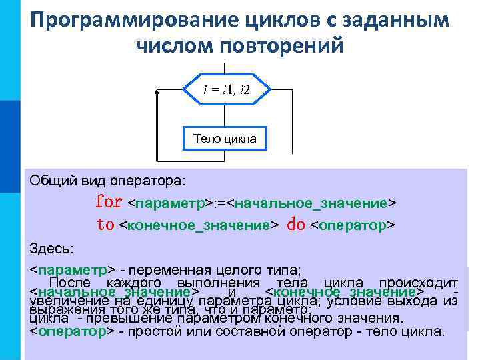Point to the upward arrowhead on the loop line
point(157,91)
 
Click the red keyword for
point(109,201)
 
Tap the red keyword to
point(105,225)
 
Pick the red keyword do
point(295,225)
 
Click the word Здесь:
point(52,249)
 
